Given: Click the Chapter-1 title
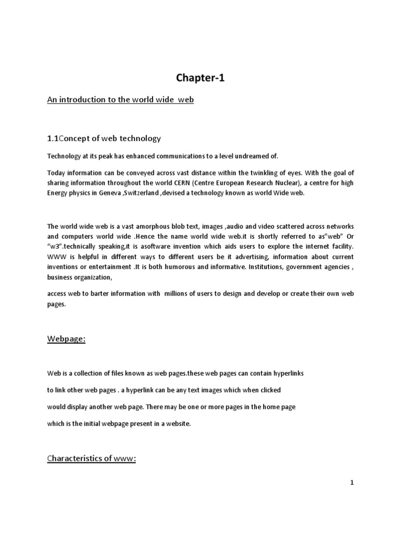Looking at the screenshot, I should [x=200, y=78].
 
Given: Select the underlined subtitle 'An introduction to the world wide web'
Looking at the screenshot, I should [x=121, y=99].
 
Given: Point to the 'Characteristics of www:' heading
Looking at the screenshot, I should [x=91, y=458].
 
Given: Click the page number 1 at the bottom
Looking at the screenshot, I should [x=352, y=483].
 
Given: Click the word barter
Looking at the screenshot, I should [x=103, y=294].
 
